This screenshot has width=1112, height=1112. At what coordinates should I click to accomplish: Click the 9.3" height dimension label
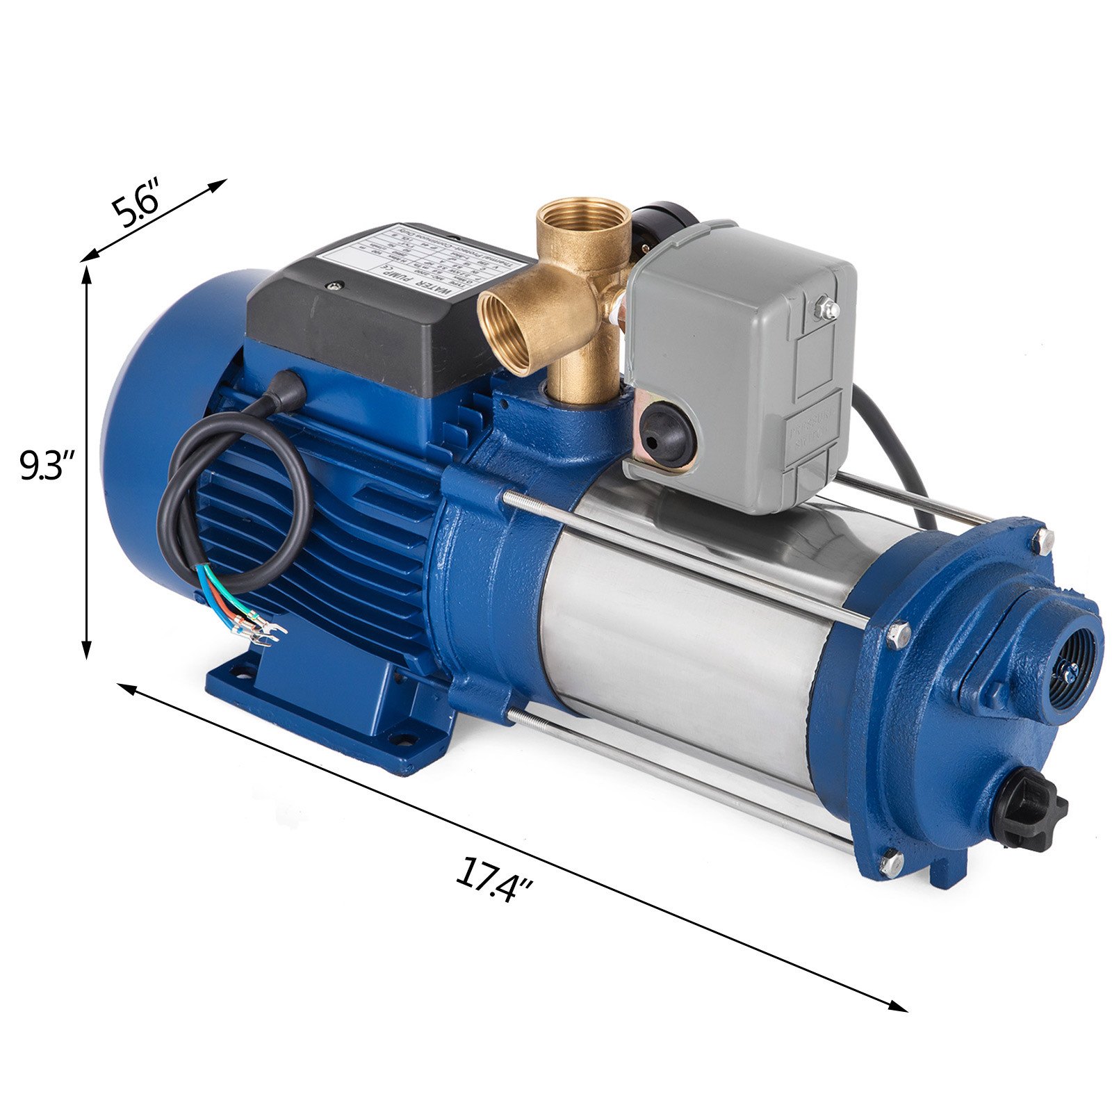coord(46,466)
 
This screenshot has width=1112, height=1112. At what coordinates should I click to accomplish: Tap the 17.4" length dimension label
coord(494,881)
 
